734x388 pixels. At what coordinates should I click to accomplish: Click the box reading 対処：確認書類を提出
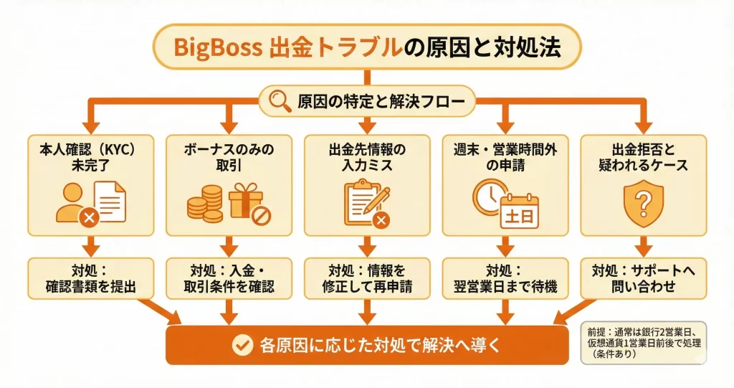90,279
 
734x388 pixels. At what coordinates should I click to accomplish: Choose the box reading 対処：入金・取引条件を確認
228,279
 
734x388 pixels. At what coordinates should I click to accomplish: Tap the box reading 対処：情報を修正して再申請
366,279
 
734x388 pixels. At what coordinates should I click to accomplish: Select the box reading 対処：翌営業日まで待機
505,279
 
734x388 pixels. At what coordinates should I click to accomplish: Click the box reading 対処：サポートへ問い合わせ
643,279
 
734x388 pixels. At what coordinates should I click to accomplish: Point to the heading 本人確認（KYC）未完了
90,158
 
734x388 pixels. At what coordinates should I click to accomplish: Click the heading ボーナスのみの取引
228,158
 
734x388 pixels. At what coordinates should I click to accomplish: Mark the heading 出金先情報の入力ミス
366,158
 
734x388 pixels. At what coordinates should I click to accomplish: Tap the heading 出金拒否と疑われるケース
643,158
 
